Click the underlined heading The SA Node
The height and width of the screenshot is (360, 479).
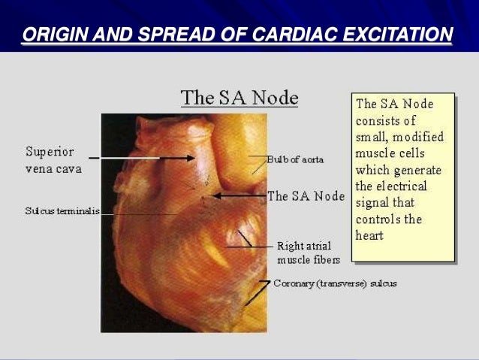(239, 98)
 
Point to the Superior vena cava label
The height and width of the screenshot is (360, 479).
(53, 160)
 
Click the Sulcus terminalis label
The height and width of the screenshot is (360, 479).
(62, 211)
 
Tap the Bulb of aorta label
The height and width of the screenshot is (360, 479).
(294, 159)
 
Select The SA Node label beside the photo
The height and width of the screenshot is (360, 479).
(306, 196)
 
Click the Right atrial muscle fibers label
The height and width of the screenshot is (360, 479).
(309, 253)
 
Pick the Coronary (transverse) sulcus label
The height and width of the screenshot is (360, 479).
(335, 283)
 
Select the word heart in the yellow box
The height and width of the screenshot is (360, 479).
(370, 235)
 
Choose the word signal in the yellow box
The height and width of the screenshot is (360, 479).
(372, 202)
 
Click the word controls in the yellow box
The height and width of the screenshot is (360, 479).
(378, 219)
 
